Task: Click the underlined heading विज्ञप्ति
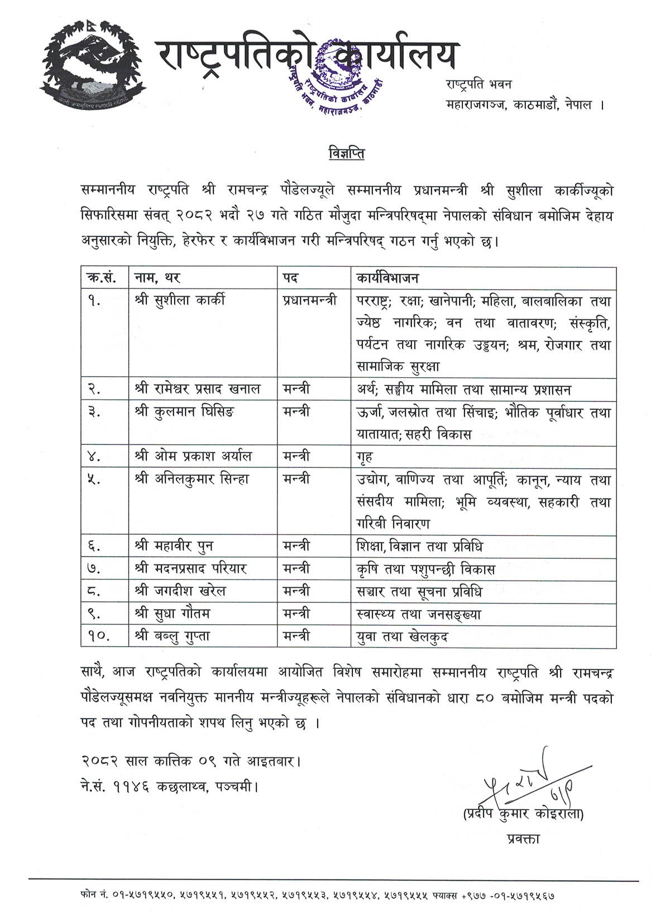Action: click(x=346, y=153)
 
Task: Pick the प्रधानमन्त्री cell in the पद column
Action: click(x=309, y=300)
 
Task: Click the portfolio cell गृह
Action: click(x=365, y=457)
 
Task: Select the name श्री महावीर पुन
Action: click(x=174, y=546)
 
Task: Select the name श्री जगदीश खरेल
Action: click(x=180, y=591)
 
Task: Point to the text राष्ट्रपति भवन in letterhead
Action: click(x=478, y=84)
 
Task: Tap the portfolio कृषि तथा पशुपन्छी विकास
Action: click(x=425, y=569)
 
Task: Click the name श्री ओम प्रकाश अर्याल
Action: click(x=193, y=457)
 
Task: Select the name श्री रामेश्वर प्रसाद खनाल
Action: click(x=198, y=389)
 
